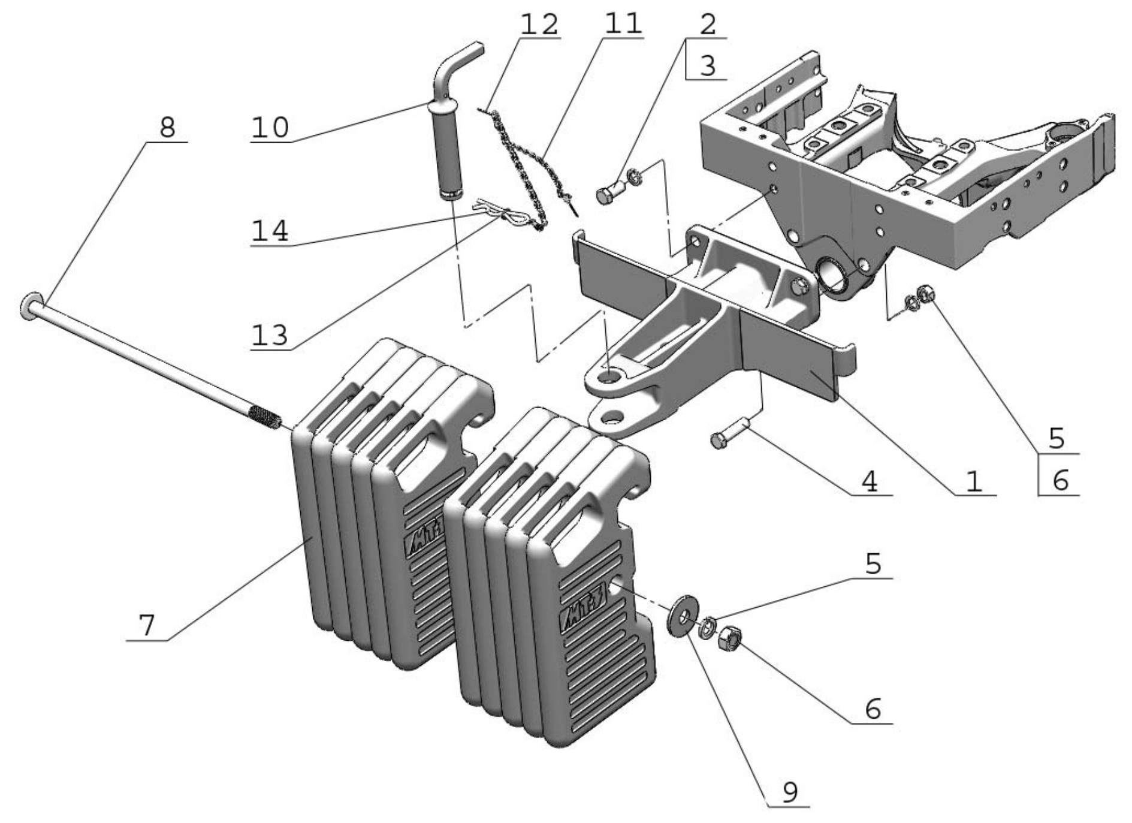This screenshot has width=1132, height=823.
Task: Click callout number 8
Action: [x=168, y=127]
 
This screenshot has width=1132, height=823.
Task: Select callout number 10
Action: [x=270, y=128]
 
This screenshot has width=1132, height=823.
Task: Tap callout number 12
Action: [x=539, y=25]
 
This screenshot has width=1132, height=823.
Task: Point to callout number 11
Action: [x=623, y=25]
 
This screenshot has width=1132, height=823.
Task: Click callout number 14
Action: [x=270, y=231]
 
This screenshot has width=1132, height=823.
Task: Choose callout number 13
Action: [x=270, y=335]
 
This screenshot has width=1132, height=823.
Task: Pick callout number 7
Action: [x=147, y=625]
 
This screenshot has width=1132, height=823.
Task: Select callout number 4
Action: [x=870, y=481]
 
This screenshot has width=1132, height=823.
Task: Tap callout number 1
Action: [x=974, y=481]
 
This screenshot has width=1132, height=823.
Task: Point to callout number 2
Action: [x=708, y=25]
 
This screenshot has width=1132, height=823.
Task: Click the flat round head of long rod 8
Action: [x=29, y=306]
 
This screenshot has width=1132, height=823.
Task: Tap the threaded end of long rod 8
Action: [x=265, y=416]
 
